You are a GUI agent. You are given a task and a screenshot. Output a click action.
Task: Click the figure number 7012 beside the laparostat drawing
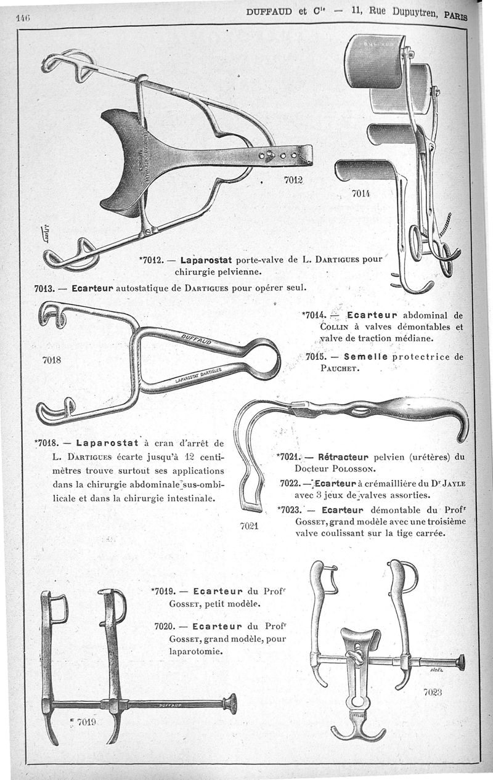pos(294,180)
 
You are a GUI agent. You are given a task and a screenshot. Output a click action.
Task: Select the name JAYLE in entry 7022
pos(452,482)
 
